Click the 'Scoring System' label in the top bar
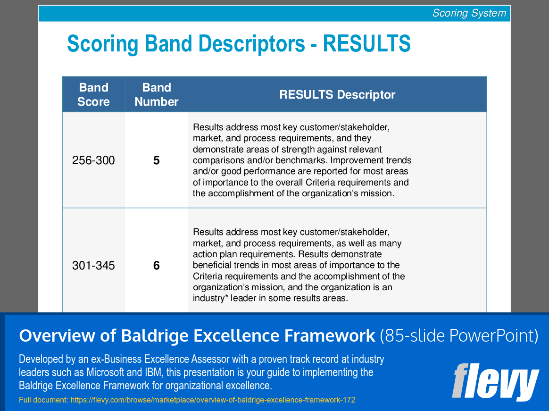469,13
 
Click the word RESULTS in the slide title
366,43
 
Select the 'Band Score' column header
93,94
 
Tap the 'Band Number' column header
157,94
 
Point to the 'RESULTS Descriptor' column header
337,94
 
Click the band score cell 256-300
93,160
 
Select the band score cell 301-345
93,266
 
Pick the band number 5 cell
157,160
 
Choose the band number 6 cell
157,266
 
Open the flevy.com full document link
213,400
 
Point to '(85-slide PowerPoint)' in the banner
459,336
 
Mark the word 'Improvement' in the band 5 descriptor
351,160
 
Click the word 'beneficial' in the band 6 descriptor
212,265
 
